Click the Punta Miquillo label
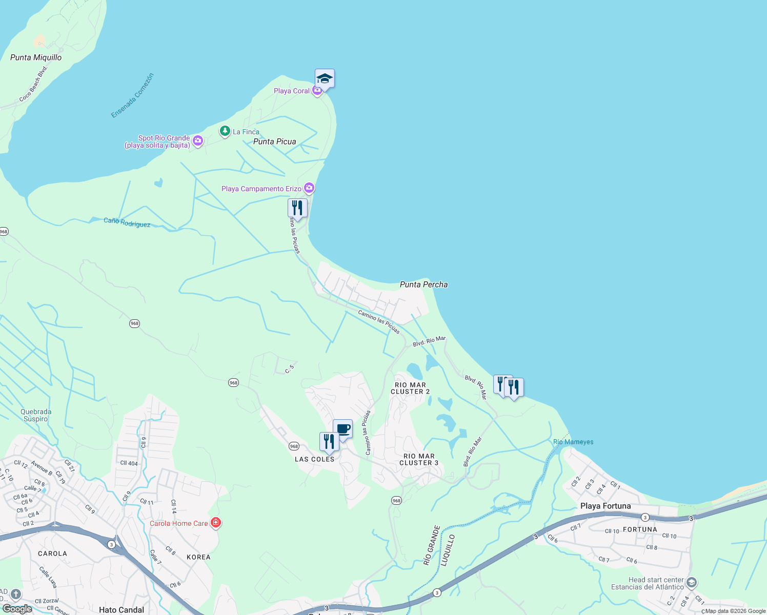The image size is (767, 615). [36, 57]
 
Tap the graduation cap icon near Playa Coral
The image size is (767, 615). [325, 79]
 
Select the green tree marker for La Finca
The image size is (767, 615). [225, 131]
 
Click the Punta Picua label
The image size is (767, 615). [275, 141]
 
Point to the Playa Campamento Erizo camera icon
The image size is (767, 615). [309, 188]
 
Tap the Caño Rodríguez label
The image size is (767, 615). [127, 222]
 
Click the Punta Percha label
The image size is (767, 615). [423, 284]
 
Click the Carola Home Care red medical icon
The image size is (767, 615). [216, 523]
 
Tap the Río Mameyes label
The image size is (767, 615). [573, 442]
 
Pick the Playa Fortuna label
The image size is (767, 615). [605, 506]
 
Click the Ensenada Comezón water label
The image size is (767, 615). [132, 96]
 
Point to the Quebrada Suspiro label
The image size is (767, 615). [36, 415]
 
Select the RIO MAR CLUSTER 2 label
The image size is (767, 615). [410, 388]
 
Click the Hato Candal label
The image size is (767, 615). [122, 609]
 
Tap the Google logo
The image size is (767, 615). [17, 609]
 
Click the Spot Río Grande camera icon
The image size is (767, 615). [198, 140]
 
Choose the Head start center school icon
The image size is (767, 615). [692, 582]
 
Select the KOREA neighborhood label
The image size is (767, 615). [198, 557]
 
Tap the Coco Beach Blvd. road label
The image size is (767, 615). [33, 84]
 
